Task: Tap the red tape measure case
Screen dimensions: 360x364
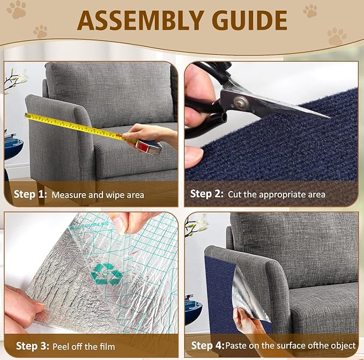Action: click(150, 145)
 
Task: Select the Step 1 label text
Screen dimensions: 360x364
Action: click(29, 194)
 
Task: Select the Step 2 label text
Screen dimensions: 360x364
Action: click(207, 194)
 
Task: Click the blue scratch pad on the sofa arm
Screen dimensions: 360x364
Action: click(220, 290)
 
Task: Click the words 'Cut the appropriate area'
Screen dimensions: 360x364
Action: click(277, 194)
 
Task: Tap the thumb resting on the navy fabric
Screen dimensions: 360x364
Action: click(194, 156)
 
